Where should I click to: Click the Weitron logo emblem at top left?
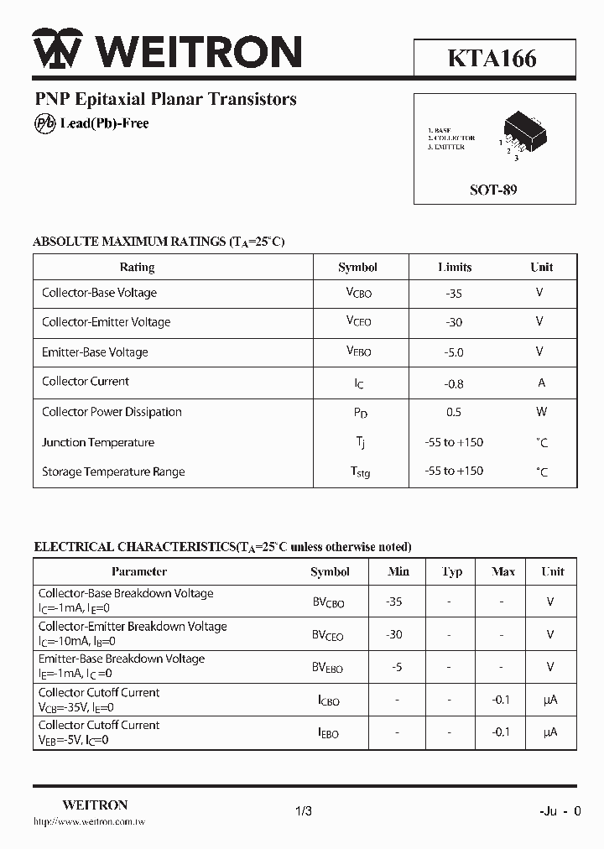coord(57,49)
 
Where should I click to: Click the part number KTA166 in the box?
coord(492,58)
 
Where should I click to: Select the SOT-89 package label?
coord(493,190)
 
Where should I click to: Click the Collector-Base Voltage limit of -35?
coord(455,294)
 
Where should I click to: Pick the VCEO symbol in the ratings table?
coord(358,321)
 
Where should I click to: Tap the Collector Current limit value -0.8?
coord(455,383)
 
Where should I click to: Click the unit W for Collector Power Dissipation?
coord(541,412)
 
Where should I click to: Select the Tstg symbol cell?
coord(359,471)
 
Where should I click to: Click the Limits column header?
coord(455,267)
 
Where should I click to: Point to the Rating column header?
coord(137,267)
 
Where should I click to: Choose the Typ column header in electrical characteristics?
coord(452,571)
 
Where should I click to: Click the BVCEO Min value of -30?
coord(394,634)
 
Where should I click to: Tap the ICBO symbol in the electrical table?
coord(329,701)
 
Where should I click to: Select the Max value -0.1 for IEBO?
coord(502,732)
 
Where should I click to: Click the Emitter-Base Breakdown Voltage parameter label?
coord(122,659)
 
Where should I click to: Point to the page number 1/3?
coord(304,811)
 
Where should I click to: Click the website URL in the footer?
coord(89,822)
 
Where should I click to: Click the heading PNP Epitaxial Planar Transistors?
coord(165,99)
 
